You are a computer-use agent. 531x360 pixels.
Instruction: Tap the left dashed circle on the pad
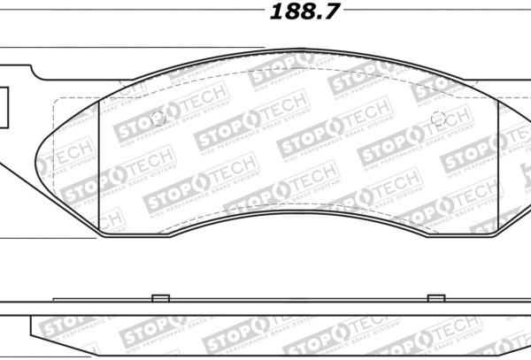click(x=159, y=119)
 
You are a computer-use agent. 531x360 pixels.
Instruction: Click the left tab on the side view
click(x=159, y=298)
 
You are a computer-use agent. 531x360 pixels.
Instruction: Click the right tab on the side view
click(x=435, y=298)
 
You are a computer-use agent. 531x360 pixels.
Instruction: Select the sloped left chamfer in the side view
click(x=37, y=330)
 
